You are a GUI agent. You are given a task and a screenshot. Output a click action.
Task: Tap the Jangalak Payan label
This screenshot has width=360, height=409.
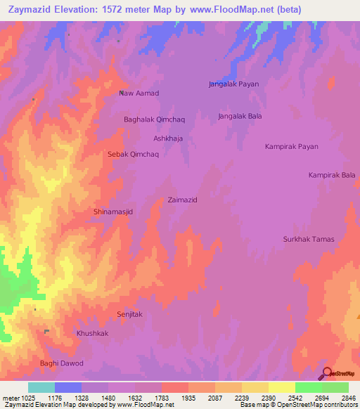233,84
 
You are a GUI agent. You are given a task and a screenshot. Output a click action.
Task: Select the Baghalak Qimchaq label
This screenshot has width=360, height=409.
153,119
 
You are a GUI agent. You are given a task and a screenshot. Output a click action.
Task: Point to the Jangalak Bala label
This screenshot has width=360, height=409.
240,116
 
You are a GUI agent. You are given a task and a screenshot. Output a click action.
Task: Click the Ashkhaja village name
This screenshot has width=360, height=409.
168,138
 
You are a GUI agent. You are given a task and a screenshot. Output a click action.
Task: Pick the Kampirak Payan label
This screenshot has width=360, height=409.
291,147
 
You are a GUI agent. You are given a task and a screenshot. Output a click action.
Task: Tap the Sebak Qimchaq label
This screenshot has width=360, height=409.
133,154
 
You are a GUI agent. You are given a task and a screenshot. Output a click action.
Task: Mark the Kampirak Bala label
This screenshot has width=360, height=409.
332,174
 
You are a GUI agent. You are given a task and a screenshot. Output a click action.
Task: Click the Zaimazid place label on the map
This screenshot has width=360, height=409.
182,200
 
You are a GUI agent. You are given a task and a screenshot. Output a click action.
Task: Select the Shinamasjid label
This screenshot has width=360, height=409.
113,211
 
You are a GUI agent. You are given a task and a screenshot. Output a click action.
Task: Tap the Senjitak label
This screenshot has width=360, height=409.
129,314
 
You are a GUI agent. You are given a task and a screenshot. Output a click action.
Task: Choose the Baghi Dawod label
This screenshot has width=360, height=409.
62,363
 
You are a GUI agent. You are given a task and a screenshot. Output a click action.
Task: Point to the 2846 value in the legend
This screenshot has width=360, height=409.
348,398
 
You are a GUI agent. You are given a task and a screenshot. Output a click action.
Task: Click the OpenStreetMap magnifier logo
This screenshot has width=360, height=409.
326,374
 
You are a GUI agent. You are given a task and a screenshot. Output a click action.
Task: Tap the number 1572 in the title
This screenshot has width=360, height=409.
132,9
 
